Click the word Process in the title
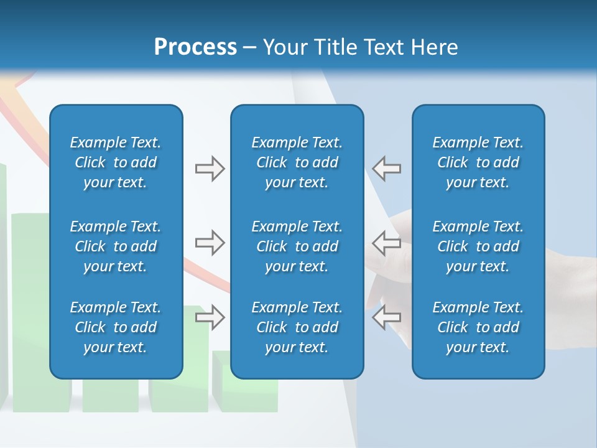pos(195,47)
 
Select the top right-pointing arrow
pos(210,169)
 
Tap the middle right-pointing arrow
pos(210,243)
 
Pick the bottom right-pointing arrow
pos(210,317)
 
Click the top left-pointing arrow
pos(386,169)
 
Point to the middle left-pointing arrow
pos(386,243)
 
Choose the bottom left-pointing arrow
pos(386,317)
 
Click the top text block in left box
pos(116,162)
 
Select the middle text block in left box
pos(116,246)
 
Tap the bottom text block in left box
pos(116,327)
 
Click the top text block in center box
pos(297,162)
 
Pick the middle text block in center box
pos(297,246)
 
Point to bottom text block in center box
pos(297,327)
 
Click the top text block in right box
pos(478,162)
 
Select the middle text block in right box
pos(478,246)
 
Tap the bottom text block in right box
pos(478,327)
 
